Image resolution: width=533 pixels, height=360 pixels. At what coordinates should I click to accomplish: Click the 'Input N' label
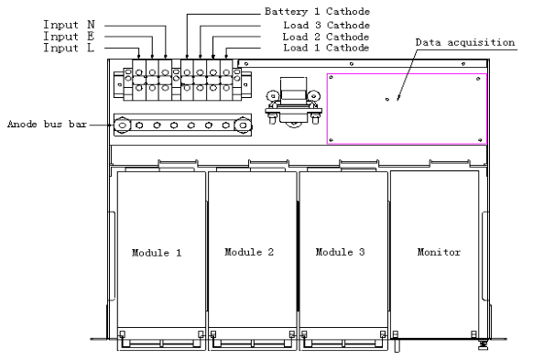point(69,25)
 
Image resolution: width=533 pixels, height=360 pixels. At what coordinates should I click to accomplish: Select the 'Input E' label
point(69,37)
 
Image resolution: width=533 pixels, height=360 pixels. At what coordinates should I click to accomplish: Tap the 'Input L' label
point(69,48)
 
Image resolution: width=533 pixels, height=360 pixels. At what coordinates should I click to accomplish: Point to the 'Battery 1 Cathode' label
point(317,12)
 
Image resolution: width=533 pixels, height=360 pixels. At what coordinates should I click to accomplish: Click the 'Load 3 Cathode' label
point(327,25)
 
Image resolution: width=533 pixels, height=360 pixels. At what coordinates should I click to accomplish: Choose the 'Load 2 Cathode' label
point(326,37)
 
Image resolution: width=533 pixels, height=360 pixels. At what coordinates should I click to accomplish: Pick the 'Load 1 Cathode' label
point(326,48)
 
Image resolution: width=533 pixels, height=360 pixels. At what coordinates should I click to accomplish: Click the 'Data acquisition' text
point(465,43)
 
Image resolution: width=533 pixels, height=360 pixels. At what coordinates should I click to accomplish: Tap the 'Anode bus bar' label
point(48,124)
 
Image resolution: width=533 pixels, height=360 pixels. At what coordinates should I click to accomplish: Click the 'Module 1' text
point(157,253)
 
